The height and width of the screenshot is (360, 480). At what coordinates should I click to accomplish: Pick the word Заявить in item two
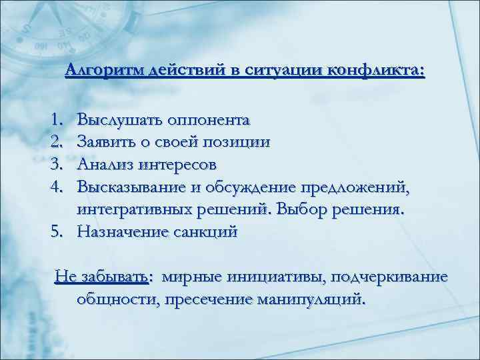[x=107, y=142]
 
